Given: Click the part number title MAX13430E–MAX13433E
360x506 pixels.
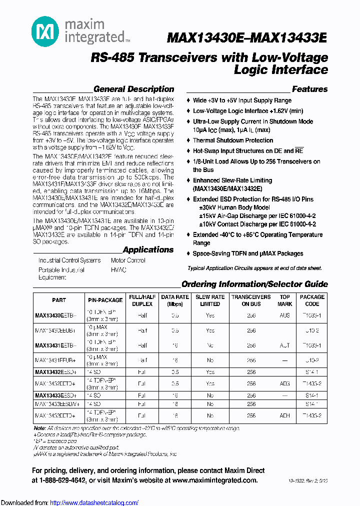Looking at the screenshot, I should [247, 38].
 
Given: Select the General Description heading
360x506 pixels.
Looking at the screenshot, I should [133, 89].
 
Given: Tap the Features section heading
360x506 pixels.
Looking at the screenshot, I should [309, 89].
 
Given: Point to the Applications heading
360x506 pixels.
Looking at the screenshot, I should [148, 249].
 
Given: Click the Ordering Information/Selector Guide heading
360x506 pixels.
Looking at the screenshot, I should [254, 284].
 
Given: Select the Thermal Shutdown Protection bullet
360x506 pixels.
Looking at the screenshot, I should [233, 140].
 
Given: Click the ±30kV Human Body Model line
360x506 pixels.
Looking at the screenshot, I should [234, 207].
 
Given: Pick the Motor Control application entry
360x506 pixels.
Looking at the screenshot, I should [128, 260].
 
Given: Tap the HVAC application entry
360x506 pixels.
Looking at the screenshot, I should [118, 269].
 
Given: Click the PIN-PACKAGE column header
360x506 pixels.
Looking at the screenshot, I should [105, 300].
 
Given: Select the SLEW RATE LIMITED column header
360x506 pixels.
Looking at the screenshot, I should [210, 300].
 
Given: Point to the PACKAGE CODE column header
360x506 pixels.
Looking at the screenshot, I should [312, 300].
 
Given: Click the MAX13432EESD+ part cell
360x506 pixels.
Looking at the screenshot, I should [55, 372].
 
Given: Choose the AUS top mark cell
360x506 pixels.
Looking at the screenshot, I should [284, 315].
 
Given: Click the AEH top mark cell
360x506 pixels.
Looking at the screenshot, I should [284, 415].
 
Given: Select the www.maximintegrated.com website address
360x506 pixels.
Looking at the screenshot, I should [215, 480].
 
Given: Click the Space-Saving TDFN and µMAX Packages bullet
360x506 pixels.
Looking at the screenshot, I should [248, 253].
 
